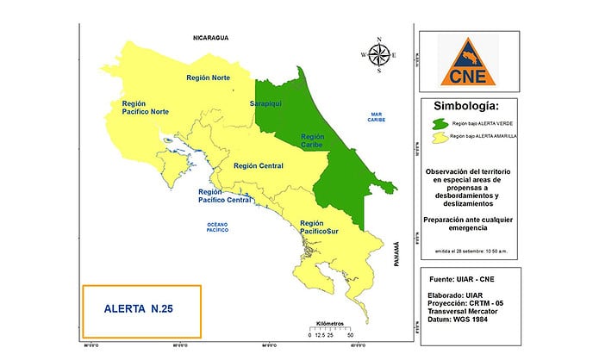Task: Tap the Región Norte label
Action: pos(209,78)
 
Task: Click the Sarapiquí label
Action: pos(266,104)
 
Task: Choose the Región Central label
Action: pos(259,165)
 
